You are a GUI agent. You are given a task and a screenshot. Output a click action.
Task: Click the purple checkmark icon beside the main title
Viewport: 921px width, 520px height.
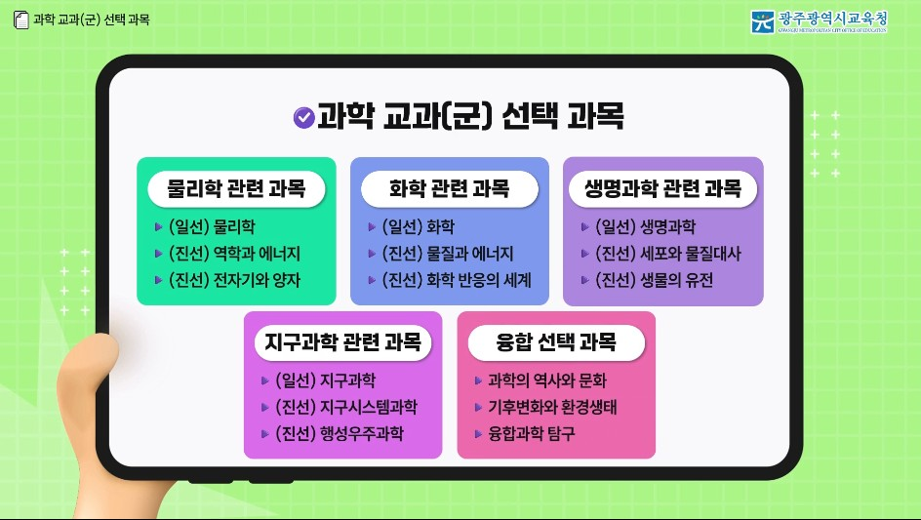click(x=303, y=117)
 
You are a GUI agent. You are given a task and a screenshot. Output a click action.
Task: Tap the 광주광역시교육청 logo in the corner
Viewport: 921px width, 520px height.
click(x=819, y=21)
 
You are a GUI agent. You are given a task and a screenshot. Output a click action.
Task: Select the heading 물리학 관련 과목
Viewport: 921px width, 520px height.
click(x=236, y=188)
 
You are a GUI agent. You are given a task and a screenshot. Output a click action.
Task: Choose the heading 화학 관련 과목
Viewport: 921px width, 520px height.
click(x=449, y=188)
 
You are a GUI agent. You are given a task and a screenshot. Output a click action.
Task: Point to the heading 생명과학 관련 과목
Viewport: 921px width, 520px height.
click(x=662, y=188)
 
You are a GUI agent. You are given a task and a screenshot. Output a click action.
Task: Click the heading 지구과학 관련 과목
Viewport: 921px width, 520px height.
click(x=342, y=342)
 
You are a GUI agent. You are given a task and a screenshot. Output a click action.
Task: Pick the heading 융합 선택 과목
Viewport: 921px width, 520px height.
click(x=556, y=342)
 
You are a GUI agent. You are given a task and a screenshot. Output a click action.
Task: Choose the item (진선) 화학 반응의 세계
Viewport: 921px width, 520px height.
click(x=456, y=280)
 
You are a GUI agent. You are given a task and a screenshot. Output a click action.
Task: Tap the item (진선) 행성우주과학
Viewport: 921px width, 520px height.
click(x=339, y=433)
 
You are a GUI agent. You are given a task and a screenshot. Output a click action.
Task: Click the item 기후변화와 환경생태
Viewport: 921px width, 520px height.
click(x=552, y=407)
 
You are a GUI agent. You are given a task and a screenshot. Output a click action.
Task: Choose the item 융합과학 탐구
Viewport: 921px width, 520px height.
click(x=531, y=433)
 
